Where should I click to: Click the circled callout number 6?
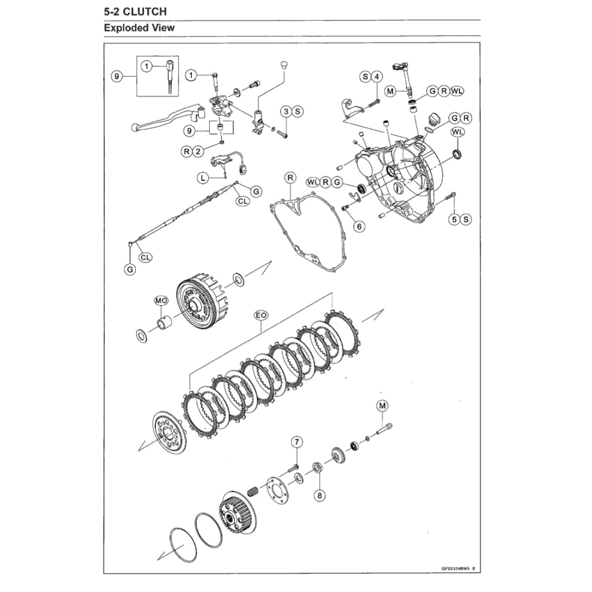point(360,226)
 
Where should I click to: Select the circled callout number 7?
point(297,443)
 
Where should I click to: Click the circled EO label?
point(261,316)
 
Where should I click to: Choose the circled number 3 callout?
point(286,111)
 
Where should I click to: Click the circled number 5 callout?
point(454,219)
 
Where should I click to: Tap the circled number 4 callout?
point(376,76)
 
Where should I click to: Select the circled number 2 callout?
point(198,151)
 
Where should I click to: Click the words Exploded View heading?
point(139,28)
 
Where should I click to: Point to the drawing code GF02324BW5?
point(453,568)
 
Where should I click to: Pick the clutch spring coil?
point(253,493)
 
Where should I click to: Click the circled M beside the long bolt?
point(382,406)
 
